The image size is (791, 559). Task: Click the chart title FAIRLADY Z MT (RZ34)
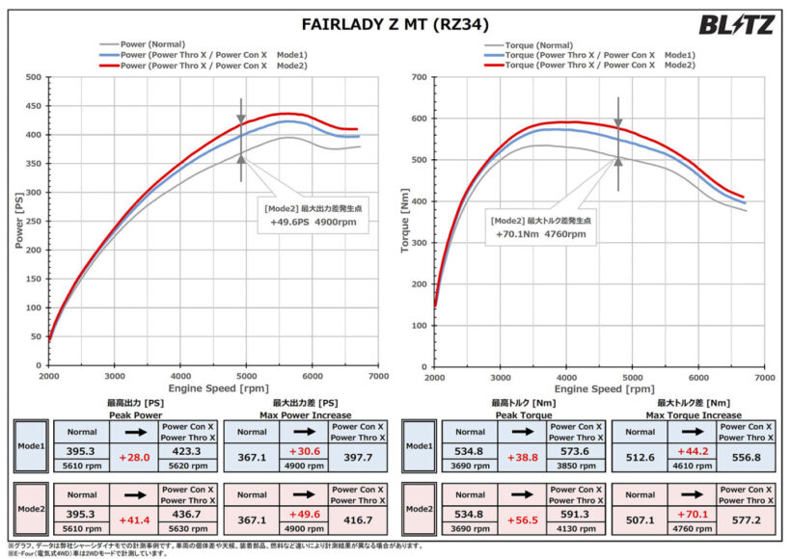(395, 24)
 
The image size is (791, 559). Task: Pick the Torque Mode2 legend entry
(598, 65)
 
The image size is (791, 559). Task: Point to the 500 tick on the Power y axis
(33, 76)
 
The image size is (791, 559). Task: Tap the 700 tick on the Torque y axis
(419, 76)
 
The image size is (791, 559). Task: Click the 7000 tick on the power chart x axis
(378, 377)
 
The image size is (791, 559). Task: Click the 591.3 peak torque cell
(578, 514)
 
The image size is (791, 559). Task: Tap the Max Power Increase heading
(305, 414)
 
